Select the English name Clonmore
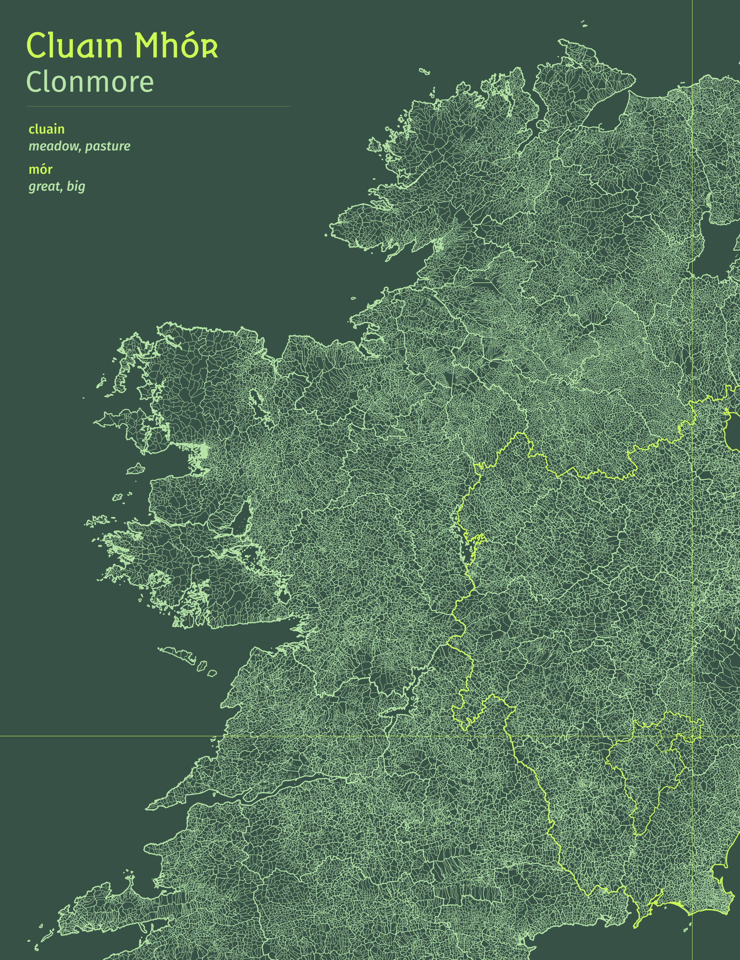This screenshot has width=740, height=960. pyautogui.click(x=90, y=82)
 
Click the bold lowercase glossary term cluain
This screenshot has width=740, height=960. pyautogui.click(x=46, y=129)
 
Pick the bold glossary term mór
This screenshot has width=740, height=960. pyautogui.click(x=40, y=169)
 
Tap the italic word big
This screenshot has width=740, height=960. pyautogui.click(x=76, y=187)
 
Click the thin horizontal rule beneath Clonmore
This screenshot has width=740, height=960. pyautogui.click(x=158, y=106)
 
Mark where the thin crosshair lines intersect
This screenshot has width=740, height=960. pyautogui.click(x=693, y=736)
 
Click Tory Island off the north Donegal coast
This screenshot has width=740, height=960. pyautogui.click(x=423, y=71)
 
